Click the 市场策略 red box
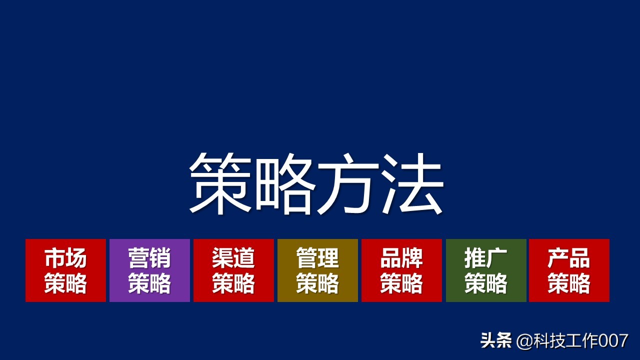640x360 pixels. point(65,270)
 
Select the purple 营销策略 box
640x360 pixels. point(149,270)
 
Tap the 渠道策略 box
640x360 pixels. point(233,270)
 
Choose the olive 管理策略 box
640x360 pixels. point(317,270)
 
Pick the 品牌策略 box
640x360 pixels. point(401,270)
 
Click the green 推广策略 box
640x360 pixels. point(486,270)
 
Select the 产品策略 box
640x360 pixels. point(569,270)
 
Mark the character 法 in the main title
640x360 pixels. point(412,183)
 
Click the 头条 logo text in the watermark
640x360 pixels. point(496,341)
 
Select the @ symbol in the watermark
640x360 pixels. point(523,341)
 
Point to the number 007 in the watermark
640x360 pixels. point(613,341)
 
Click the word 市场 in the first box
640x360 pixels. point(65,258)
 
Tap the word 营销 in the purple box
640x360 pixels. point(149,258)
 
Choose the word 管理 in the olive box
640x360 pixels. point(317,258)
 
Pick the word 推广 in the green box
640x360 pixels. point(486,258)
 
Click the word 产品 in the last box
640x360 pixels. point(569,258)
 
